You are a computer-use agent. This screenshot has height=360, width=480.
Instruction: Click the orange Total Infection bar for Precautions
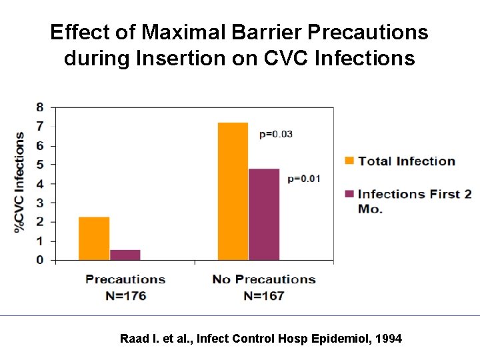pos(94,238)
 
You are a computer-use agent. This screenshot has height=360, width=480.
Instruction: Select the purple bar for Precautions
pos(125,255)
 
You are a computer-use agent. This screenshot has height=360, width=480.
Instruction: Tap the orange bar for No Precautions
pos(233,191)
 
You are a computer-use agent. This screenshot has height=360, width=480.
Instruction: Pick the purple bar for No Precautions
pos(263,214)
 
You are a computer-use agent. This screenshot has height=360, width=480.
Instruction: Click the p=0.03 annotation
pos(276,134)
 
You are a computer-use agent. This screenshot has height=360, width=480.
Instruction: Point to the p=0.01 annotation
pos(304,178)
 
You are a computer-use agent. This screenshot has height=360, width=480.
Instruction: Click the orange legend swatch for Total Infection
pos(349,161)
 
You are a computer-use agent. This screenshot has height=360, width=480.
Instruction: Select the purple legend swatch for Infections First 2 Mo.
pos(349,194)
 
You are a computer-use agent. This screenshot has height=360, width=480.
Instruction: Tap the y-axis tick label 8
pos(41,107)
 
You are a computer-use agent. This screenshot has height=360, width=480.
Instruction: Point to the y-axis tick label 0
pos(41,260)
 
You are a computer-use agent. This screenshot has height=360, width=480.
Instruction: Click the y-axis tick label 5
pos(41,165)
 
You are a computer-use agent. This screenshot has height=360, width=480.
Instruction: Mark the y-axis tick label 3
pos(41,203)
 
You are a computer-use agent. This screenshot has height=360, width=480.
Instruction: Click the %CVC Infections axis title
pos(19,182)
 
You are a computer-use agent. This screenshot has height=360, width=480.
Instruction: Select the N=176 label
pos(125,295)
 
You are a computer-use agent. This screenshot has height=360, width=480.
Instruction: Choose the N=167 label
pos(264,295)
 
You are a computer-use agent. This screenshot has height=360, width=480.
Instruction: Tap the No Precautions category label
pos(264,279)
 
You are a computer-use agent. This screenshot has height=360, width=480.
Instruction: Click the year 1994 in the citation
pos(389,339)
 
